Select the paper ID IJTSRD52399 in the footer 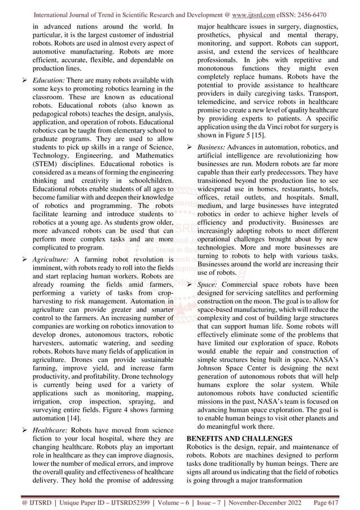[x=129, y=500]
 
